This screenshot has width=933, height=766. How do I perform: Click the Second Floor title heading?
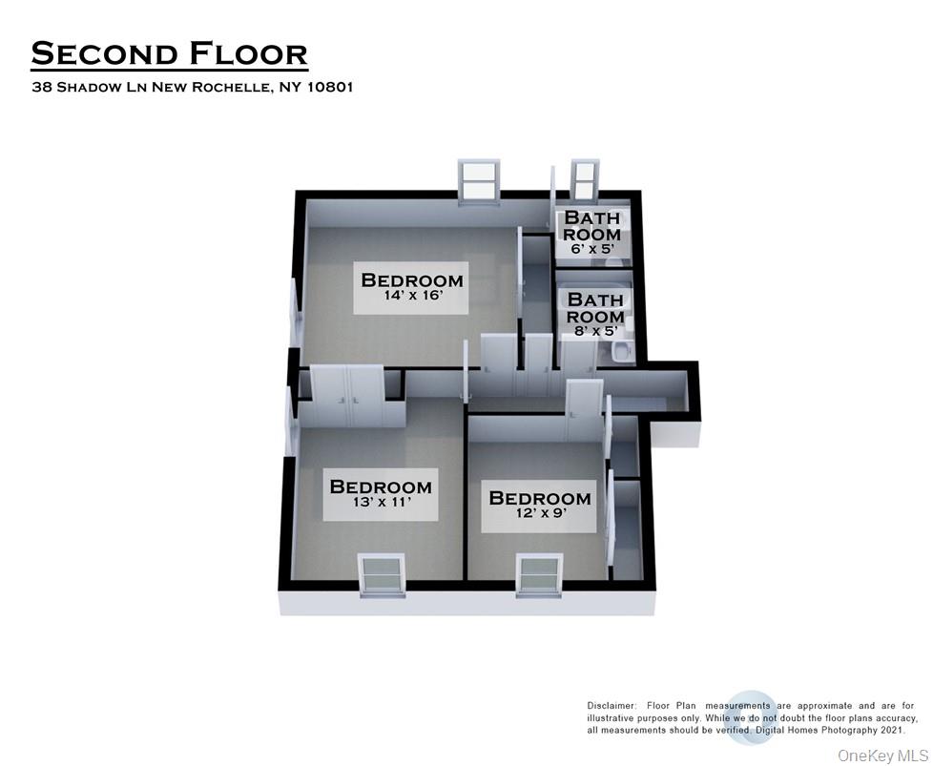click(x=169, y=53)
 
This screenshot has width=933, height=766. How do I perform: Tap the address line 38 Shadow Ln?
click(x=193, y=87)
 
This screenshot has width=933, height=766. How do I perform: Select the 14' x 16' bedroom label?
click(x=412, y=287)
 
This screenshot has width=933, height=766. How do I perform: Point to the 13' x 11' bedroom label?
click(x=381, y=493)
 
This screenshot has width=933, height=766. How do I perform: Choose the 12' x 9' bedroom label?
click(x=540, y=506)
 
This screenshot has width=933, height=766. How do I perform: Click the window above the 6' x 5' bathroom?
click(x=584, y=182)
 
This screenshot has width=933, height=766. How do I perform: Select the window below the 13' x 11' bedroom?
click(x=382, y=575)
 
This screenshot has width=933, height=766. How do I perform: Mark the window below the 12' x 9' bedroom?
click(x=541, y=575)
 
